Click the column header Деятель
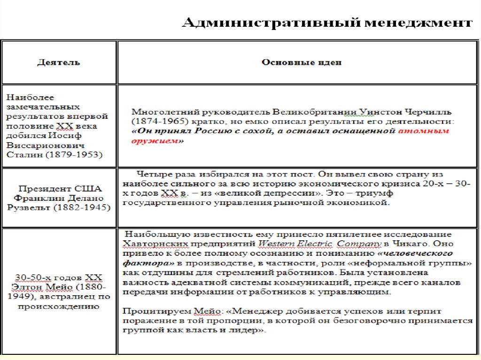[59, 62]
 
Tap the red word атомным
[424, 131]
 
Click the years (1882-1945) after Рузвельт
[81, 208]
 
